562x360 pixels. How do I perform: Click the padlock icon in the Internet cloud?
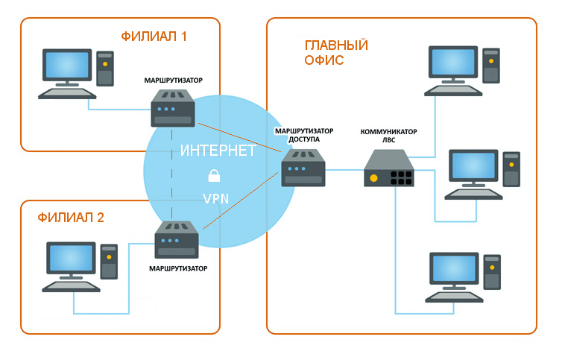point(214,176)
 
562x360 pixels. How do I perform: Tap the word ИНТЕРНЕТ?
point(218,151)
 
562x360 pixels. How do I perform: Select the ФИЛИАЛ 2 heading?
point(71,218)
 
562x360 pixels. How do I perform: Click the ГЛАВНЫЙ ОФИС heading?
point(335,52)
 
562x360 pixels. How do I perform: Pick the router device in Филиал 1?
point(174,109)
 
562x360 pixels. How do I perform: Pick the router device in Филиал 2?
point(177,240)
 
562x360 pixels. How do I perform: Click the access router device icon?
point(303,168)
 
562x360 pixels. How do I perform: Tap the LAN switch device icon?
point(389,168)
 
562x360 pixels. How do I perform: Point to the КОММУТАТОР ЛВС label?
point(388,136)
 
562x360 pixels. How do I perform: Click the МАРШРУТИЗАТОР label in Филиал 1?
point(174,79)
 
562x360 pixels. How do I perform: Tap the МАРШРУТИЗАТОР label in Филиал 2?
point(178,268)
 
